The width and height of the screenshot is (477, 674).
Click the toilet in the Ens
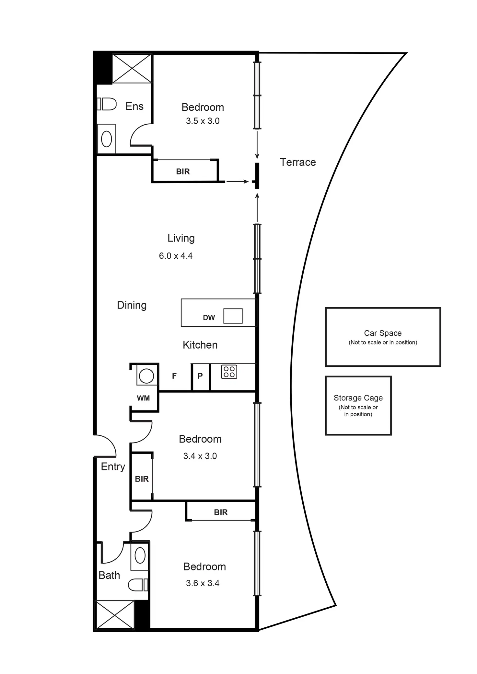pyautogui.click(x=108, y=104)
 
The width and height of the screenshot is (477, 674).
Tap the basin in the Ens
pyautogui.click(x=107, y=139)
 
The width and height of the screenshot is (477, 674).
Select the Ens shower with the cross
pyautogui.click(x=132, y=69)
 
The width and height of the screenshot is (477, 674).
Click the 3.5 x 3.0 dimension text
pyautogui.click(x=203, y=121)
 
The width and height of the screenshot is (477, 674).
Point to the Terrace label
pyautogui.click(x=298, y=162)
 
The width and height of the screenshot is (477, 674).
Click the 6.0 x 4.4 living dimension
pyautogui.click(x=176, y=256)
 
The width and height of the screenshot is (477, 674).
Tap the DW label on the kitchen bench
pyautogui.click(x=209, y=318)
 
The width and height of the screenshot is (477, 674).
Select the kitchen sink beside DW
pyautogui.click(x=233, y=316)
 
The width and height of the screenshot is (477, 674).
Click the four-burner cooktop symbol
pyautogui.click(x=229, y=372)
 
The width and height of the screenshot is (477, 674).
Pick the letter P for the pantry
pyautogui.click(x=200, y=376)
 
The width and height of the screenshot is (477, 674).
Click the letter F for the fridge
pyautogui.click(x=174, y=376)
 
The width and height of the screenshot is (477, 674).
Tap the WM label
pyautogui.click(x=143, y=398)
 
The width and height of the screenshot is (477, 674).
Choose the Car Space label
pyautogui.click(x=383, y=333)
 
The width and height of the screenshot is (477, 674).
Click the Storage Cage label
pyautogui.click(x=358, y=398)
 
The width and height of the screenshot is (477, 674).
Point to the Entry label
pyautogui.click(x=113, y=466)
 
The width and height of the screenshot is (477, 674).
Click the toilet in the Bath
pyautogui.click(x=138, y=585)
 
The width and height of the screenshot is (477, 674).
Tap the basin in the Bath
pyautogui.click(x=140, y=556)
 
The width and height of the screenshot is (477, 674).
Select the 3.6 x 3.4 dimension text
pyautogui.click(x=203, y=583)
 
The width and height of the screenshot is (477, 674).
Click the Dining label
pyautogui.click(x=132, y=305)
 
